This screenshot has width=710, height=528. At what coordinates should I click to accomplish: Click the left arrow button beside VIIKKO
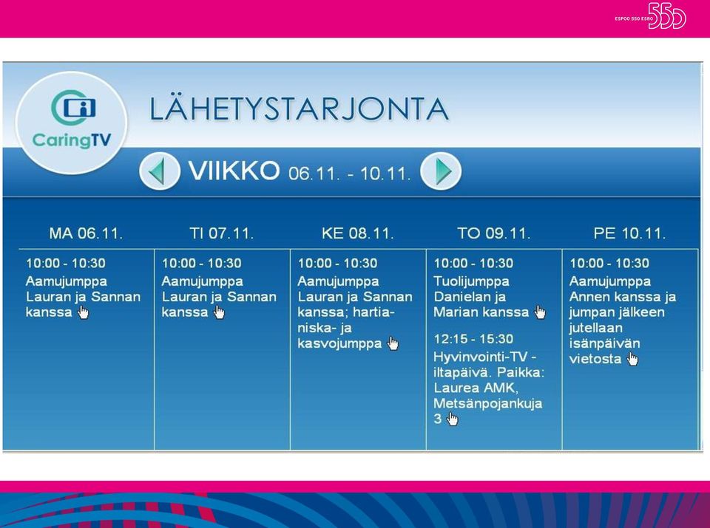click(160, 171)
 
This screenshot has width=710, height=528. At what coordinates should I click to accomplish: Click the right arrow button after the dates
click(441, 171)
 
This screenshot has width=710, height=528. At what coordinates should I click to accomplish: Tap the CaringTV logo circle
click(71, 122)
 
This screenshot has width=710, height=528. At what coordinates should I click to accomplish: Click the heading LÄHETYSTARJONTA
click(299, 109)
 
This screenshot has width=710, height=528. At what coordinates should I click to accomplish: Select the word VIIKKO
click(234, 171)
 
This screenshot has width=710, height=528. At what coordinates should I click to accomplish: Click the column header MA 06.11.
click(86, 233)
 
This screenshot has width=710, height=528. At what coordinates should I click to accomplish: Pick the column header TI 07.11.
click(221, 233)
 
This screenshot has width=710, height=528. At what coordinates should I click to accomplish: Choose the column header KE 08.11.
click(358, 233)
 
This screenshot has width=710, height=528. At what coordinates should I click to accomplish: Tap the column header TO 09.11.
click(493, 233)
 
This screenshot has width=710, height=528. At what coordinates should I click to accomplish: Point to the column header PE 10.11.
click(630, 233)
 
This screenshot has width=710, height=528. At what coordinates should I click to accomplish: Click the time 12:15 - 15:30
click(473, 339)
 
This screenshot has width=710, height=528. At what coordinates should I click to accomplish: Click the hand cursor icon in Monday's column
click(84, 312)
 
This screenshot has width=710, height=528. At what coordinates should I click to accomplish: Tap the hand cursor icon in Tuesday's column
click(219, 312)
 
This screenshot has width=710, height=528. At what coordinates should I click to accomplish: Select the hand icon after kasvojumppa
click(393, 343)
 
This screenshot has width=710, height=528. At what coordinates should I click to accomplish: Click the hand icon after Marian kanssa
click(540, 312)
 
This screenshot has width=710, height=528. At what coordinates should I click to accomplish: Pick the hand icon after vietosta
click(632, 359)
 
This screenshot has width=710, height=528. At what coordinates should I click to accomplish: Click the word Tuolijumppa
click(471, 281)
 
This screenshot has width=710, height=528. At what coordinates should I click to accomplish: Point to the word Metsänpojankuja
click(487, 403)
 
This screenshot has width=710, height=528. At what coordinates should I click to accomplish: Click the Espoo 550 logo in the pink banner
click(651, 16)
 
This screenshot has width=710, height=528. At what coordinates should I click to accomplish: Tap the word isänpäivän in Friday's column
click(604, 343)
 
